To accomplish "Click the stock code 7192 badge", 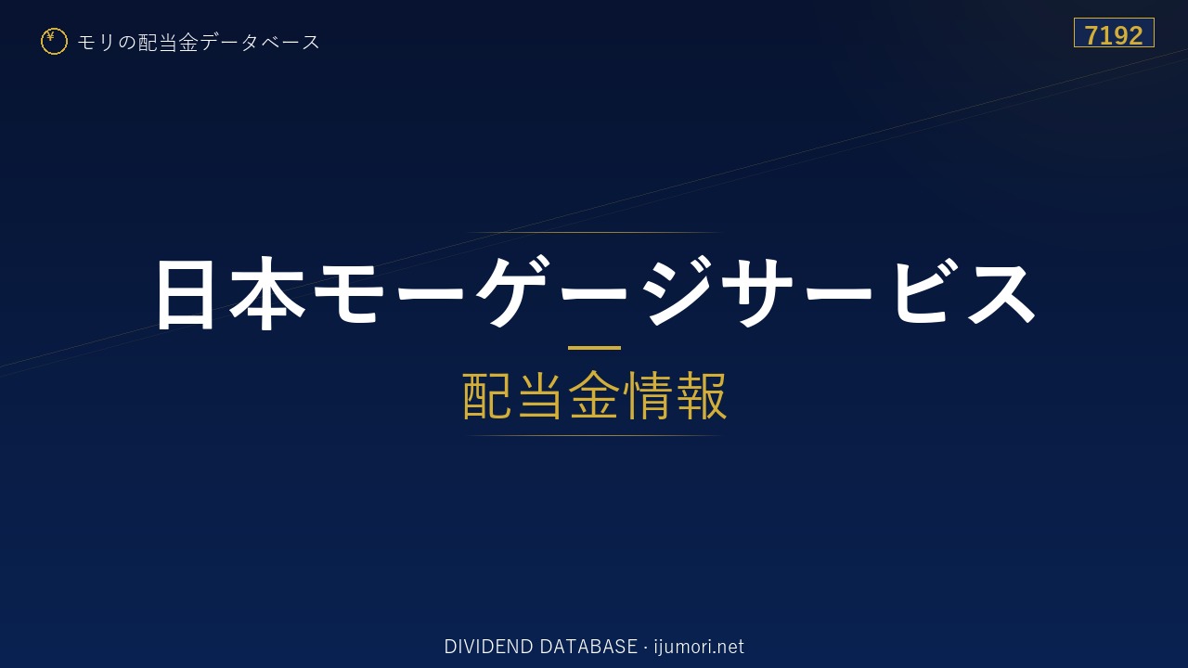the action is click(x=1114, y=32).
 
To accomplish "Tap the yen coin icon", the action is click(x=54, y=42).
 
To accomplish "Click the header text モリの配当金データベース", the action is click(x=199, y=43).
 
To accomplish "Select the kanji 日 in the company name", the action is click(x=185, y=294).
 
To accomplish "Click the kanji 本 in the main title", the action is click(x=267, y=294).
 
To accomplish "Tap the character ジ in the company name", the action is click(x=678, y=290).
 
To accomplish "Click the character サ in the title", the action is click(x=758, y=292).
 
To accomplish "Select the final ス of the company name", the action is click(x=1001, y=292).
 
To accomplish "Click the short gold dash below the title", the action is click(x=594, y=348).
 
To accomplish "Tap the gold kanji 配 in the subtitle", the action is click(x=487, y=395).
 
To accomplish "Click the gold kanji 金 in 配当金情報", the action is click(x=594, y=395).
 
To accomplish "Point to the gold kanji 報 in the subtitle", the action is click(x=701, y=395).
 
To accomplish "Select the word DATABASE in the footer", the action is click(x=588, y=647).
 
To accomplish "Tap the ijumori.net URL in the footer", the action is click(x=699, y=648).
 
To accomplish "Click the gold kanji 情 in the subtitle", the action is click(x=647, y=395).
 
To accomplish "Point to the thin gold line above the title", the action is click(x=594, y=232).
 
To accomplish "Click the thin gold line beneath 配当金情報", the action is click(x=594, y=436).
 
